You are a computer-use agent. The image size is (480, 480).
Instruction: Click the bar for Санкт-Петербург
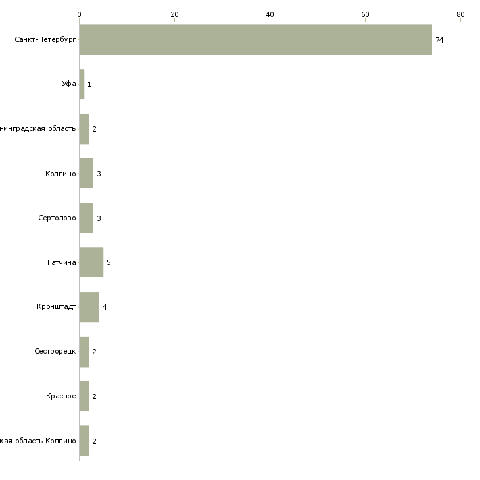click(x=255, y=39)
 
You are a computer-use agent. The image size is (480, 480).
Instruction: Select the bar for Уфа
click(x=82, y=84)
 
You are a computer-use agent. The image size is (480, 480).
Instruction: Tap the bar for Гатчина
click(x=91, y=262)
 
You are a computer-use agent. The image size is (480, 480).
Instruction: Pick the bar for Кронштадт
click(x=89, y=307)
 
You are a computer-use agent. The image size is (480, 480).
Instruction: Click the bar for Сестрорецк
click(x=84, y=352)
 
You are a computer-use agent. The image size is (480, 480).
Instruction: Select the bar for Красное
click(x=84, y=396)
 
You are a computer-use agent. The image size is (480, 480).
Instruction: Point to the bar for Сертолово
click(x=86, y=218)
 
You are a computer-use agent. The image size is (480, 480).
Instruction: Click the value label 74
click(x=439, y=40)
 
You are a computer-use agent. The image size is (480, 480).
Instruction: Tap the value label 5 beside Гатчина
click(x=108, y=262)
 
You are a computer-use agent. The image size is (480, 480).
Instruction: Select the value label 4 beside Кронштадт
click(x=104, y=307)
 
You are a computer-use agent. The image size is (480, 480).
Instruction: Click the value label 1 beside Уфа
click(x=89, y=85)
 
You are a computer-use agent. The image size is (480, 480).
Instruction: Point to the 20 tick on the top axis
click(x=174, y=14)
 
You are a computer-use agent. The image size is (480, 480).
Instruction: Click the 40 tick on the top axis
click(x=270, y=14)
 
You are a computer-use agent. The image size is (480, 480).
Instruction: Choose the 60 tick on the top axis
click(x=365, y=14)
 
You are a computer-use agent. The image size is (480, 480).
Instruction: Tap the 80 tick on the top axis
click(x=460, y=14)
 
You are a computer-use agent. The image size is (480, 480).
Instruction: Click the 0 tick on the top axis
click(x=79, y=14)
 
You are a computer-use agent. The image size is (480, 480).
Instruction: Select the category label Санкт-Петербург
click(x=45, y=40)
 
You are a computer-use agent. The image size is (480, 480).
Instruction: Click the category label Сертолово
click(x=57, y=218)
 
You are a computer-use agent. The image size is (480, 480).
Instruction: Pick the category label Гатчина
click(x=61, y=262)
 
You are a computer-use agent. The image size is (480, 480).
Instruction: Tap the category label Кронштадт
click(x=56, y=307)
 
